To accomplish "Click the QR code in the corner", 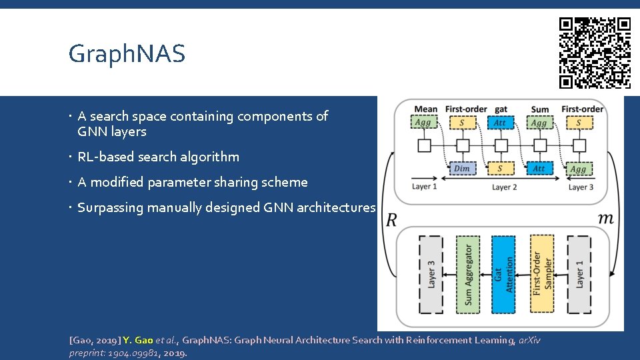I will tap(595, 52).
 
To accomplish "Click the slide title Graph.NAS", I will tap(127, 54).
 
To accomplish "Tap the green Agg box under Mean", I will tap(423, 123).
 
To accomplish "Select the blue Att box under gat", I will tap(500, 123).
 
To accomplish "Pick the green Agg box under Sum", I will tap(539, 123).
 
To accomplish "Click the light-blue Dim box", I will tap(461, 168).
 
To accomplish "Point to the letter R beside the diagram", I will tap(391, 220).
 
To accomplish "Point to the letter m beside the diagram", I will tap(606, 219).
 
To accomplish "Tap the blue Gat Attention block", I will tap(504, 275).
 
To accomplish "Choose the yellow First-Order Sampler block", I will tap(541, 275).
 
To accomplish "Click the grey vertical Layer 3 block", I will tap(431, 275).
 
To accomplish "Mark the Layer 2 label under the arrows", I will tap(504, 187).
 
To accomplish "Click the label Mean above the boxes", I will tap(426, 109).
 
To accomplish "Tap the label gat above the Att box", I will tap(501, 109).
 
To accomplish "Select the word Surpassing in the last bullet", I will tap(110, 208).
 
